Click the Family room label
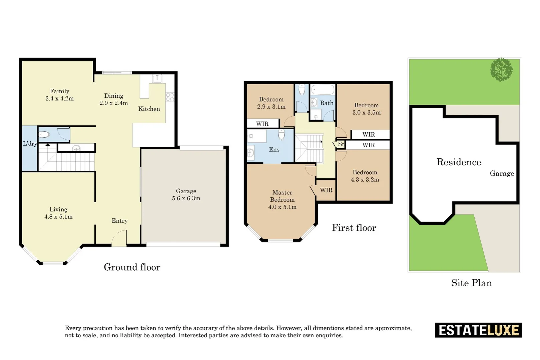pyautogui.click(x=60, y=91)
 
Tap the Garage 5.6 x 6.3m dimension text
pyautogui.click(x=186, y=198)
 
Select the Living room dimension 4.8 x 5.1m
pyautogui.click(x=58, y=217)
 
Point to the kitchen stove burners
pyautogui.click(x=170, y=97)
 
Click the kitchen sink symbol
pyautogui.click(x=157, y=79)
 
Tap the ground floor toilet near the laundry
pyautogui.click(x=44, y=134)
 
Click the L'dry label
pyautogui.click(x=30, y=144)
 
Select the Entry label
pyautogui.click(x=119, y=221)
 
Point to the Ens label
pyautogui.click(x=274, y=150)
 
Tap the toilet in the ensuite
pyautogui.click(x=281, y=134)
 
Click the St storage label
pyautogui.click(x=341, y=144)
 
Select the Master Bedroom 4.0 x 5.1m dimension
pyautogui.click(x=282, y=207)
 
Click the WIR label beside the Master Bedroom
pyautogui.click(x=326, y=190)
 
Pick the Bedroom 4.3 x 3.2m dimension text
pyautogui.click(x=365, y=180)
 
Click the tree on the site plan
pyautogui.click(x=501, y=69)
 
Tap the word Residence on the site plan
pyautogui.click(x=459, y=162)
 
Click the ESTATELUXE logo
pyautogui.click(x=478, y=330)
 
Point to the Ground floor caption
pyautogui.click(x=132, y=267)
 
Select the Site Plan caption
pyautogui.click(x=472, y=283)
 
